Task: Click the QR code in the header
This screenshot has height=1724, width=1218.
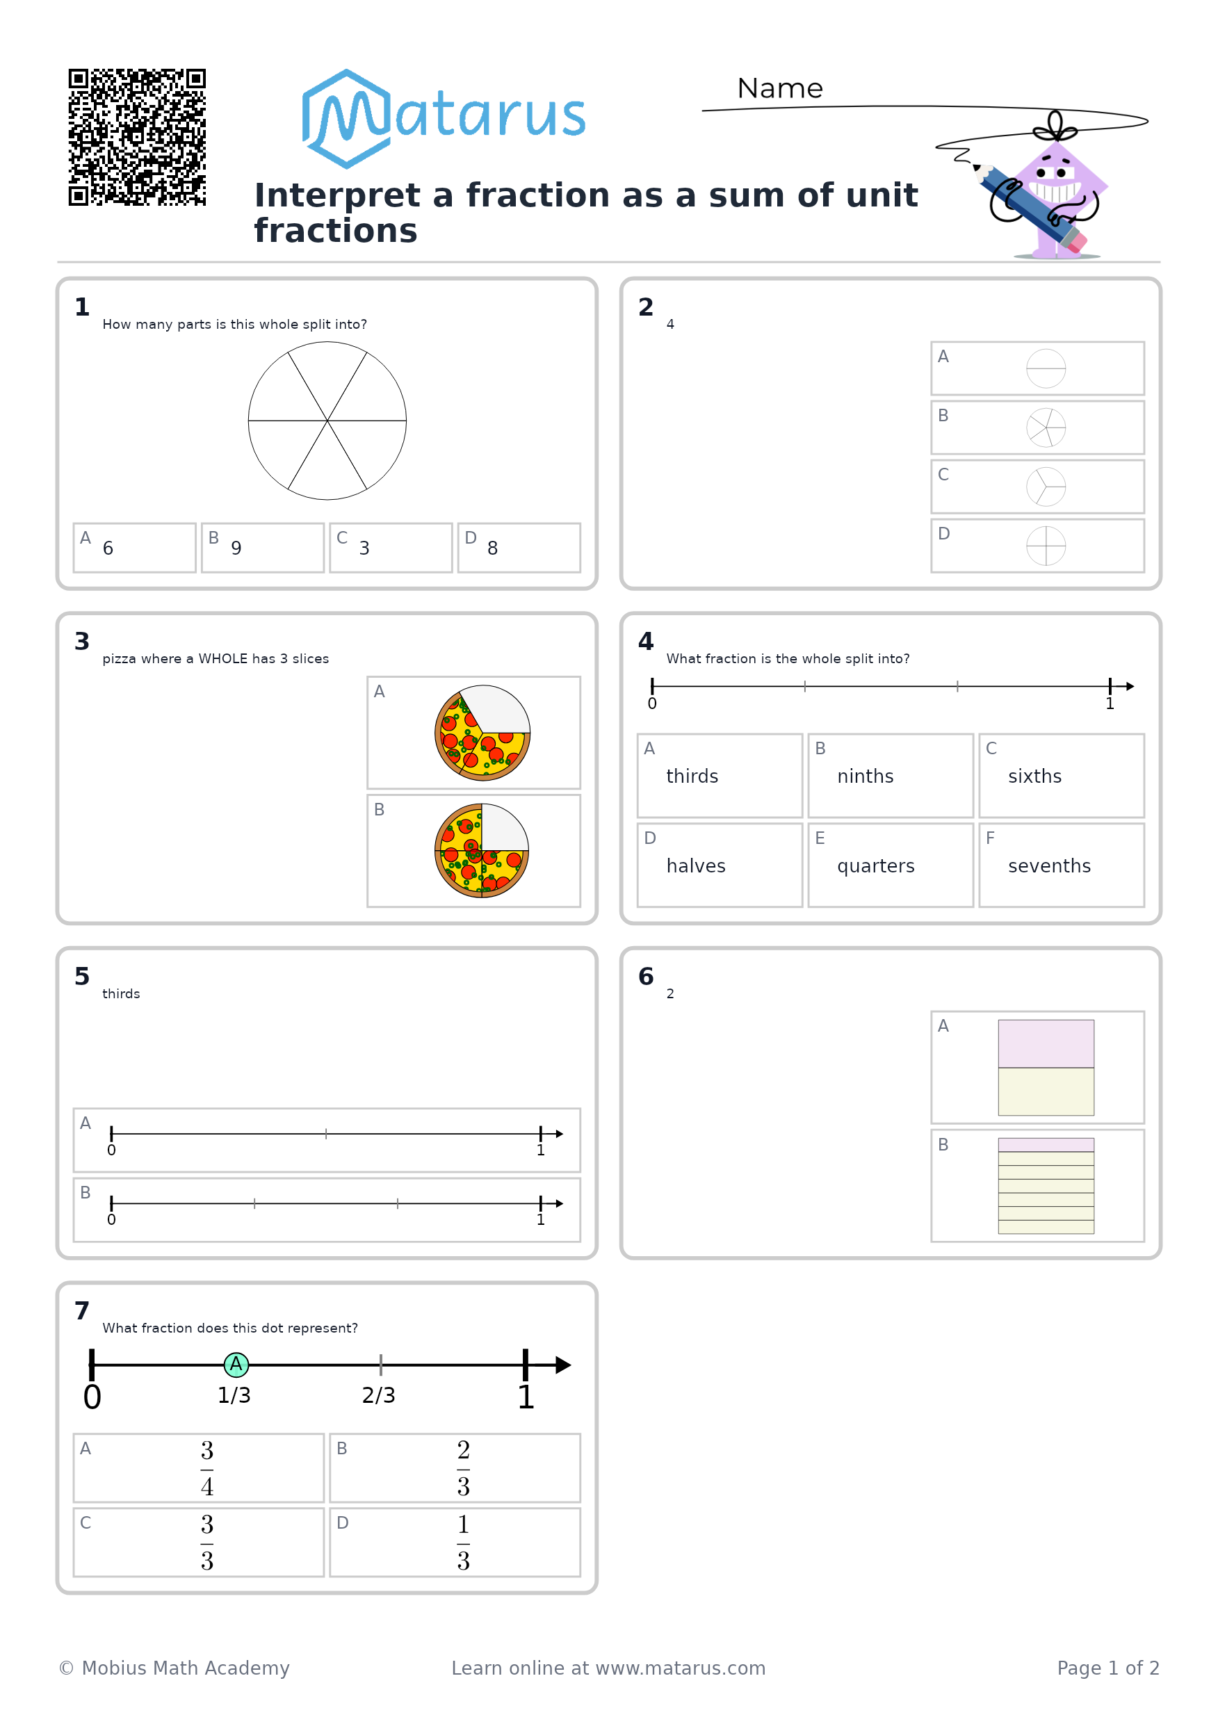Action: (x=137, y=137)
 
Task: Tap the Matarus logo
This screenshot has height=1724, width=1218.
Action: (x=443, y=119)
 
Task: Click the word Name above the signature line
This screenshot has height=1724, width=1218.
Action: (x=779, y=88)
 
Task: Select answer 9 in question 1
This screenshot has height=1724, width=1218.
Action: (x=236, y=548)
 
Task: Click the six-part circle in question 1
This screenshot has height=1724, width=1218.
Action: (x=327, y=421)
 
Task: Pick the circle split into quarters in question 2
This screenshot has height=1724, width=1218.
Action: (x=1046, y=545)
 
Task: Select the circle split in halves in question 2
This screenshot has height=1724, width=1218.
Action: (x=1046, y=368)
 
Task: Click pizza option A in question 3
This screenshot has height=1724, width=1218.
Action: (x=482, y=733)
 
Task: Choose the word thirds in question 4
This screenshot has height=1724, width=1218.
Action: (x=692, y=776)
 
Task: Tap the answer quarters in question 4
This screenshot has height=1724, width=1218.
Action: (x=875, y=865)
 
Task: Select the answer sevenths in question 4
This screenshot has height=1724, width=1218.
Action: (x=1049, y=865)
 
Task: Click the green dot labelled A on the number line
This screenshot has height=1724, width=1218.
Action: (x=236, y=1365)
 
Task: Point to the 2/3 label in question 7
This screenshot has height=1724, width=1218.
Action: (x=378, y=1395)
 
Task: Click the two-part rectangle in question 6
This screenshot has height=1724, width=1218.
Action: (x=1046, y=1067)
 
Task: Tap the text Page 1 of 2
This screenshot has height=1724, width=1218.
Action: (x=1107, y=1668)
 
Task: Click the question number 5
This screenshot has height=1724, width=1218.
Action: (x=82, y=976)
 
